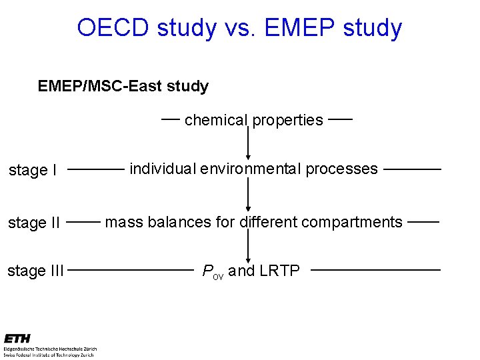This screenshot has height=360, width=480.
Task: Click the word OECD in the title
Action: [113, 28]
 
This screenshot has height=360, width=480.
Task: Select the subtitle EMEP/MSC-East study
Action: [123, 86]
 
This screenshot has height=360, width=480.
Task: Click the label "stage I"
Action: [33, 170]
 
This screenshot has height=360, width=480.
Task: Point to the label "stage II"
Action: [35, 222]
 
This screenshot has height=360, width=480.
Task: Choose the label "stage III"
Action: [36, 271]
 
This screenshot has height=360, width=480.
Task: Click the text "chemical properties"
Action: [253, 120]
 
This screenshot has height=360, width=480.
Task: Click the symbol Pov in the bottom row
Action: [213, 271]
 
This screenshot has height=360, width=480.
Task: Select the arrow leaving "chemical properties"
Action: [248, 143]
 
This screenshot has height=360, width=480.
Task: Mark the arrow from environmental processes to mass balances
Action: [248, 195]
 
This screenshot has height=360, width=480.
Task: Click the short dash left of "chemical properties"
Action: [171, 119]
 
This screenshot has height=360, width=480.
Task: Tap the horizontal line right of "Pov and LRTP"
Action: [375, 270]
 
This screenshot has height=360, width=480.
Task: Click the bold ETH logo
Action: [17, 339]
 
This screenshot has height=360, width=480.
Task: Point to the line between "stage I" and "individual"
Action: [96, 170]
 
